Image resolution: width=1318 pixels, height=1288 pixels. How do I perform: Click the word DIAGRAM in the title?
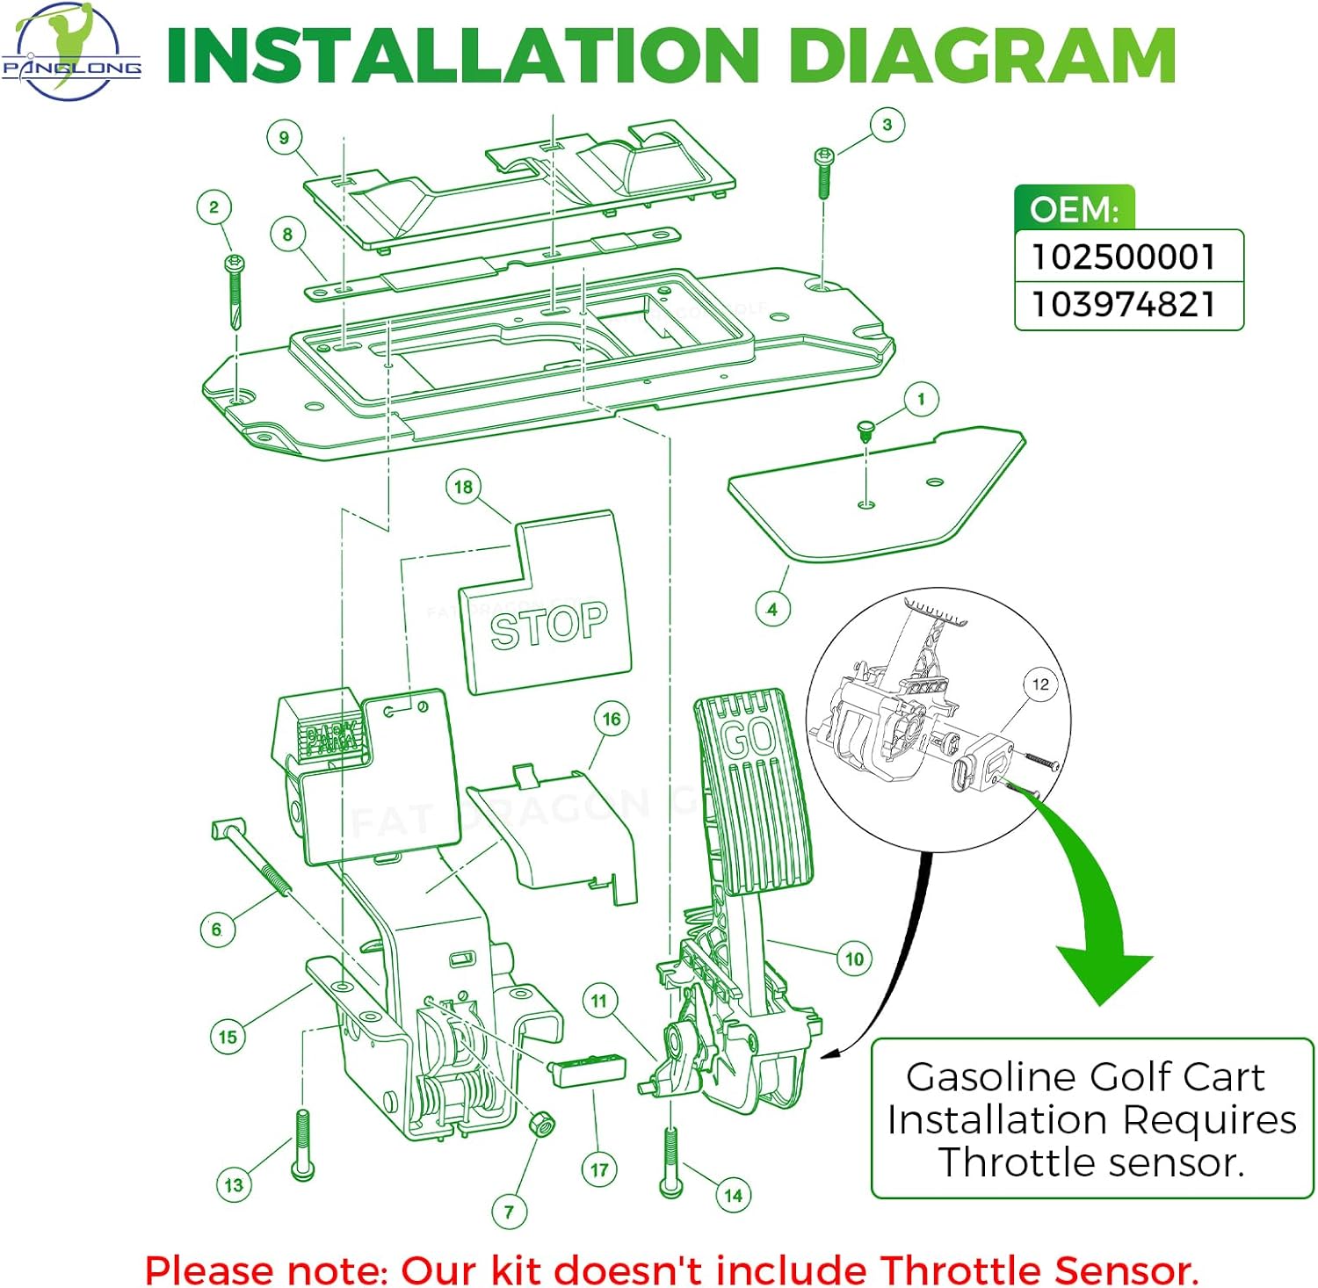[x=981, y=56]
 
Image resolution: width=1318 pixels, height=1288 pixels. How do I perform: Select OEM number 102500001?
[x=1124, y=257]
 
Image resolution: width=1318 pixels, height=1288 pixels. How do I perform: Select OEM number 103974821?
[x=1124, y=305]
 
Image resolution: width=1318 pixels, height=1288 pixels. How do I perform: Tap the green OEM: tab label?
[x=1074, y=210]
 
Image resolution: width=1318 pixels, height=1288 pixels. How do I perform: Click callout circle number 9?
[x=284, y=138]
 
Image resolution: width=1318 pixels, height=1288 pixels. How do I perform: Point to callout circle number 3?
[x=887, y=125]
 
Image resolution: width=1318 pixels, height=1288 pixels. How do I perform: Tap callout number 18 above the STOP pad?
[x=463, y=487]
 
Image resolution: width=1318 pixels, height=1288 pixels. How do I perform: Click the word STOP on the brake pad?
[x=548, y=626]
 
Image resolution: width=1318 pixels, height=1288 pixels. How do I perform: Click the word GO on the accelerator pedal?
[x=749, y=738]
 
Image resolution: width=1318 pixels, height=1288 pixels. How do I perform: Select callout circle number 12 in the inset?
[x=1040, y=684]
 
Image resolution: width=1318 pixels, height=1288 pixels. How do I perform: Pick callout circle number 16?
[x=612, y=720]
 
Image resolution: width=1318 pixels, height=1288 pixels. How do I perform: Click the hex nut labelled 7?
[x=540, y=1124]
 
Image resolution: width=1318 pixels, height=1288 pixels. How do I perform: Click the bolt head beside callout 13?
[x=302, y=1169]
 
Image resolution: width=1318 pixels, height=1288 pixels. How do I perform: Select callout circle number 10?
[x=854, y=959]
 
